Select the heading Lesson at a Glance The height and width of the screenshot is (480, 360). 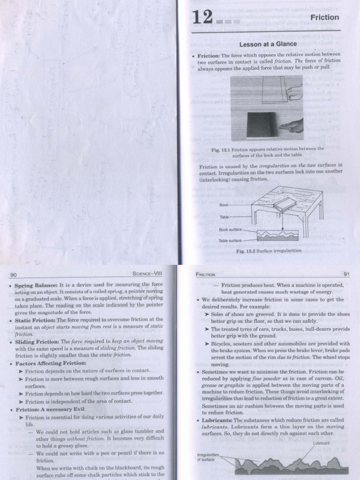tap(268, 44)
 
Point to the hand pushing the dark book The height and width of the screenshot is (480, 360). tap(292, 126)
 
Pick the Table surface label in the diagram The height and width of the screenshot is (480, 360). tap(230, 240)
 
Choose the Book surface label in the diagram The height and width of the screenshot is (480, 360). tap(230, 230)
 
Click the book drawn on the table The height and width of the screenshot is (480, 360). tap(285, 204)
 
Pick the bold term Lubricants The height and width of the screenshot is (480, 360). tap(217, 420)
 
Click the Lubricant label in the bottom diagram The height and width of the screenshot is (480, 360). tap(320, 442)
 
